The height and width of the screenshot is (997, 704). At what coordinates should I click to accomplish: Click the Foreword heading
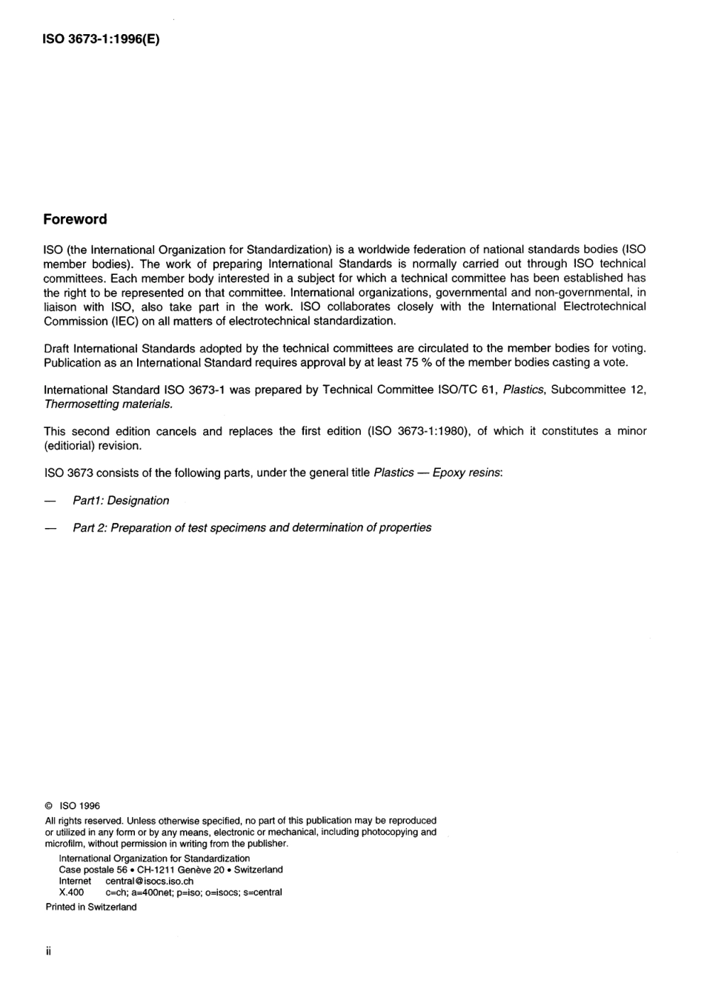pyautogui.click(x=75, y=219)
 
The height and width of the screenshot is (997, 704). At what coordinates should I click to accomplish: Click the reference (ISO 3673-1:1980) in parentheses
pyautogui.click(x=416, y=431)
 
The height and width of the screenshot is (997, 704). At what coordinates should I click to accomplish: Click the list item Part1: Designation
pyautogui.click(x=121, y=501)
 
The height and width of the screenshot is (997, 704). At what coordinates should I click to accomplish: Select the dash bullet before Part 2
pyautogui.click(x=50, y=528)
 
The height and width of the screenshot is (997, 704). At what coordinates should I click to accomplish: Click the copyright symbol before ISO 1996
pyautogui.click(x=49, y=806)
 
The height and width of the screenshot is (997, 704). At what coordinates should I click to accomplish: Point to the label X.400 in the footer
pyautogui.click(x=71, y=893)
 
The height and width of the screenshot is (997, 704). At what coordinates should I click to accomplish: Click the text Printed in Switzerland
pyautogui.click(x=91, y=907)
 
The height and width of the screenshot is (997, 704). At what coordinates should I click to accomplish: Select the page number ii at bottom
pyautogui.click(x=48, y=951)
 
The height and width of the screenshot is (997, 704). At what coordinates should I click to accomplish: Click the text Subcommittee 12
pyautogui.click(x=598, y=390)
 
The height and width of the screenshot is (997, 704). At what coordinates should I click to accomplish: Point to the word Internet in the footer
pyautogui.click(x=75, y=881)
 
